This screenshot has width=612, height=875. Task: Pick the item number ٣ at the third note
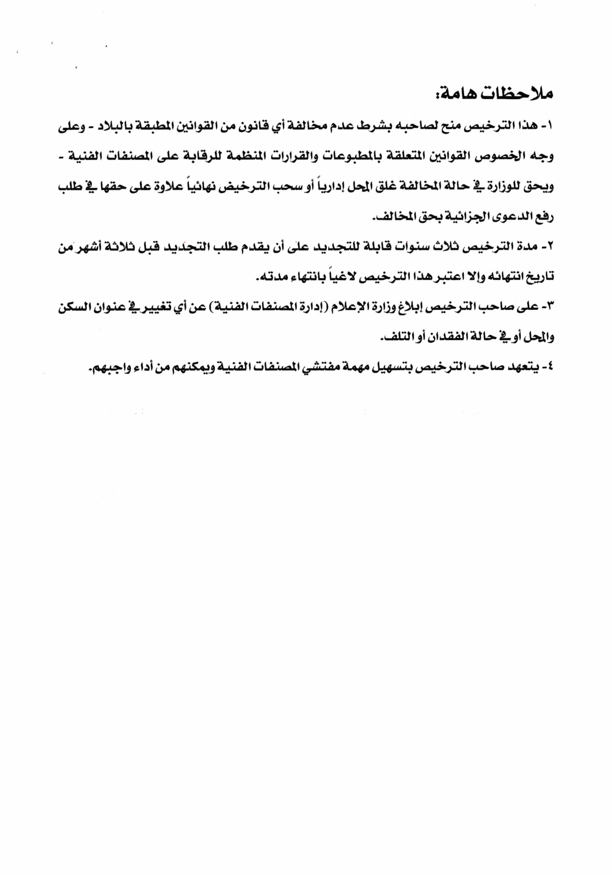[x=550, y=307]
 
